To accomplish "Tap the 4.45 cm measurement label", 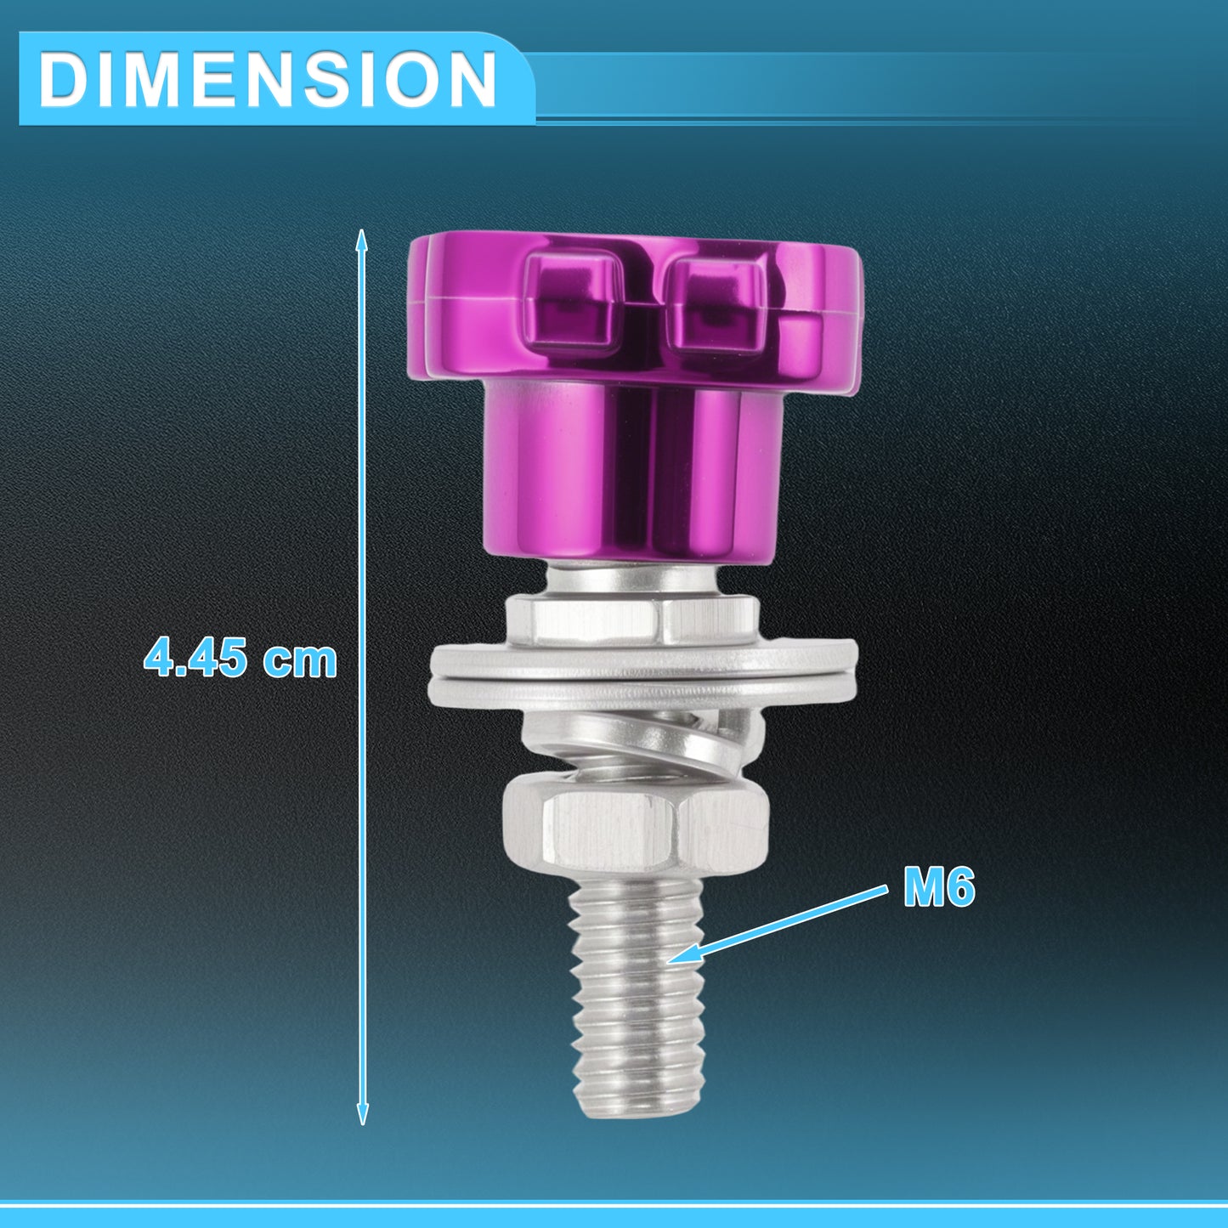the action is (241, 659).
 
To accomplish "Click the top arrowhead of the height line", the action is (361, 240).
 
